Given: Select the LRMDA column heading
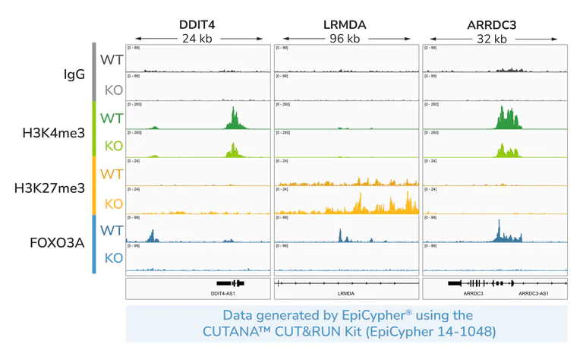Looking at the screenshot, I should point(345,24).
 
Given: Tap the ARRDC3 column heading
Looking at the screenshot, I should point(493,24).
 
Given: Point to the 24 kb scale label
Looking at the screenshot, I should point(198,39).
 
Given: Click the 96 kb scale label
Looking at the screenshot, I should point(345,39).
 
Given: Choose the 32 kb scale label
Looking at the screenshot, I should point(493,39).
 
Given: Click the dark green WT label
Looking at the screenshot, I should point(112,118).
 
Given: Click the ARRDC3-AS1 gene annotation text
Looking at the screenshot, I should point(534,292).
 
